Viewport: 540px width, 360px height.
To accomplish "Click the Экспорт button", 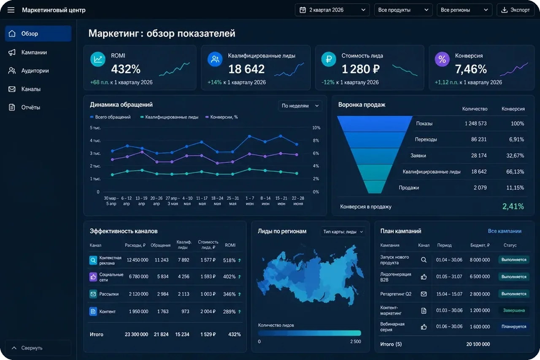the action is (516, 10).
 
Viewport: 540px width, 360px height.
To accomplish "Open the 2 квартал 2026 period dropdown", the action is (332, 10).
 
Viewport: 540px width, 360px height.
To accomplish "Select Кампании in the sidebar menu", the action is (34, 52).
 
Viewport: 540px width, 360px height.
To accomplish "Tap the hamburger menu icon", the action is (11, 10).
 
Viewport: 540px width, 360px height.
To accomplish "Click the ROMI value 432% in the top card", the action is (126, 69).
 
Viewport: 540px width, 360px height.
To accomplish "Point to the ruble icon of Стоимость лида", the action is (328, 59).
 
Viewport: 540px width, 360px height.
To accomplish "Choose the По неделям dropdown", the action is (300, 106).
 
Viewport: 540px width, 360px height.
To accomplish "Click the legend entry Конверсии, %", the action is (221, 117).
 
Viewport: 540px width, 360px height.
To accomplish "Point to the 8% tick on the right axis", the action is (316, 140).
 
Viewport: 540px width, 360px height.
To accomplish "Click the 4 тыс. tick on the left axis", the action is (95, 140).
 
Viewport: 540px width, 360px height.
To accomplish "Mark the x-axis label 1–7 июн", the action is (250, 201).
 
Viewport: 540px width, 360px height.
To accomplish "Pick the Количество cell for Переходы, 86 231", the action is (478, 140).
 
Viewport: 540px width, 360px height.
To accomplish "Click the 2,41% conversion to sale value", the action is (513, 207).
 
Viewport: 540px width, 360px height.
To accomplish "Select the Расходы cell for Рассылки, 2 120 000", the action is (138, 294).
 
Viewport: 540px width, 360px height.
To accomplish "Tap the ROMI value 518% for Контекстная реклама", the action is (229, 260).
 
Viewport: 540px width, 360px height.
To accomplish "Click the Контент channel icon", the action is (93, 312).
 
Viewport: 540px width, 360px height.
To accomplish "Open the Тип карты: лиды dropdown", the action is (343, 232).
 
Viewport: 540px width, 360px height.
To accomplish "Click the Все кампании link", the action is (505, 231).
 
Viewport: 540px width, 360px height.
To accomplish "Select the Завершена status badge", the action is (514, 310).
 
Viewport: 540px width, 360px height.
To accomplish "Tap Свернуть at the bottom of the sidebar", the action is (32, 348).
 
